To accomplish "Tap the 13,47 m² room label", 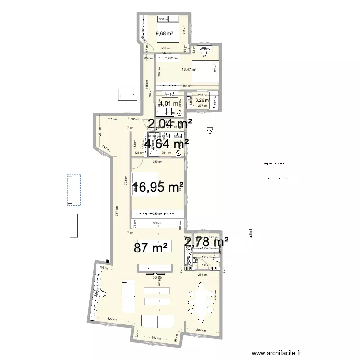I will tap(190, 70).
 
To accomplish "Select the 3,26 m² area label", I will tap(203, 100).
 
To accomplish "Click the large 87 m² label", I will tap(151, 248).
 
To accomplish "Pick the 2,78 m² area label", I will tap(206, 242).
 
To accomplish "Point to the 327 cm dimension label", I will tap(113, 319).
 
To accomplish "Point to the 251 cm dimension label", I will tap(204, 275).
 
